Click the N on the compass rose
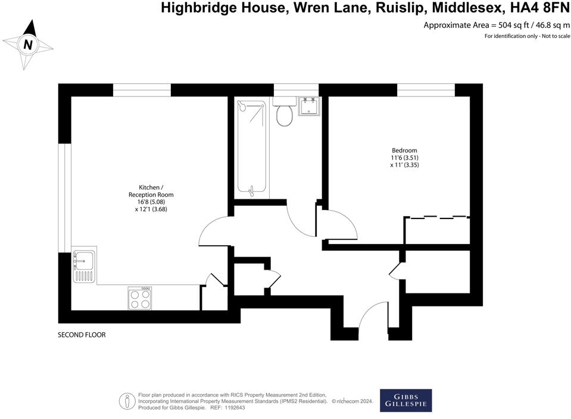click(27, 45)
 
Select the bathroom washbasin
click(308, 107)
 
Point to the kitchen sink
click(83, 259)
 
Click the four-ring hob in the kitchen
click(139, 298)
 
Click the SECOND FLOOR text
click(82, 335)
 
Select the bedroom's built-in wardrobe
click(437, 230)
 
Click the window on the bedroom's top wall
click(426, 90)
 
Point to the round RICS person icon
click(127, 401)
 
